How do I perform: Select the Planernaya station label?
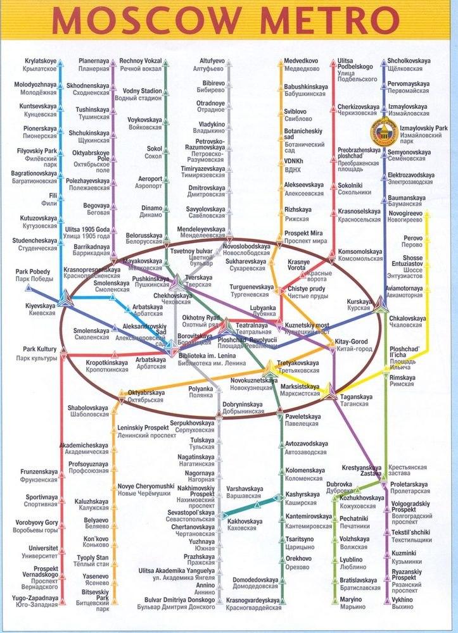[x=94, y=65]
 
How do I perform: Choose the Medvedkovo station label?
[x=299, y=65]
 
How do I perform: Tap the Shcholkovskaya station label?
[x=412, y=65]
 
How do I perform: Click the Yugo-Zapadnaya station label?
[x=37, y=600]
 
